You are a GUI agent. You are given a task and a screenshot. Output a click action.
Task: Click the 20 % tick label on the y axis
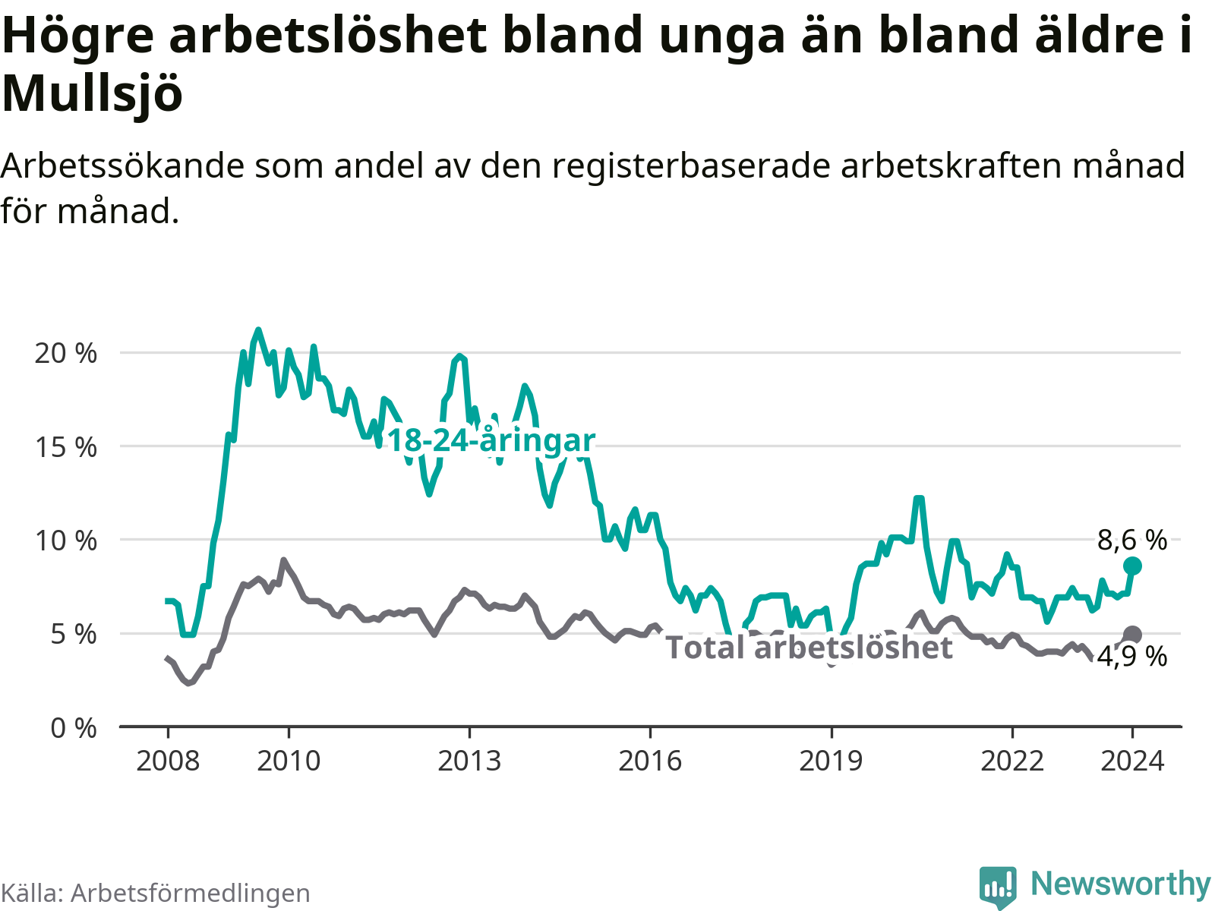coord(66,354)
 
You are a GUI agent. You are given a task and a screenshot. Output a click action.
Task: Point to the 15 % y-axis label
coord(66,447)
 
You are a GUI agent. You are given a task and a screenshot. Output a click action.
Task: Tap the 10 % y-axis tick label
coord(66,541)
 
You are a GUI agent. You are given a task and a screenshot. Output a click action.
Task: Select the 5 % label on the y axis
coord(74,634)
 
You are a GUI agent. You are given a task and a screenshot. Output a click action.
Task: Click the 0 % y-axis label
coord(74,728)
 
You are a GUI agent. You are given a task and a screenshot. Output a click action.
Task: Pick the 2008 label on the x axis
coord(168,761)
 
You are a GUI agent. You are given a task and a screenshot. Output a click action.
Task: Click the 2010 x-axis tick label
coord(289,761)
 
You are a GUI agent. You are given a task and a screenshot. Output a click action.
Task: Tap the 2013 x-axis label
coord(469,761)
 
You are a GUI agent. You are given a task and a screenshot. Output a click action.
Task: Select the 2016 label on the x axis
coord(650,761)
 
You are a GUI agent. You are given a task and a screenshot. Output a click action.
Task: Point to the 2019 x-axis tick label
coord(831,761)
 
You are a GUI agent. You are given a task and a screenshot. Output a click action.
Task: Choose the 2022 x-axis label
coord(1011,761)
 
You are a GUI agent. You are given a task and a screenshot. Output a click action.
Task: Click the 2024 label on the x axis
coord(1132,761)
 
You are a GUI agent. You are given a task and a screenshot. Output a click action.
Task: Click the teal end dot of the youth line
coord(1132,566)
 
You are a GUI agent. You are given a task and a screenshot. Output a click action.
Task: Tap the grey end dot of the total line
coord(1132,635)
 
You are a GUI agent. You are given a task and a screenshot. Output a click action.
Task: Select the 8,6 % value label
coord(1132,540)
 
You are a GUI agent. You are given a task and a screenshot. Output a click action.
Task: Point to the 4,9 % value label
coord(1132,657)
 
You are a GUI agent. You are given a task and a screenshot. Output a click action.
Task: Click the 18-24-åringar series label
coord(491,441)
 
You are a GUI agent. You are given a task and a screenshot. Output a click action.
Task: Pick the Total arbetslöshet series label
coord(809,647)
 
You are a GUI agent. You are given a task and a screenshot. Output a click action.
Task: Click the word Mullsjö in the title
coord(93,93)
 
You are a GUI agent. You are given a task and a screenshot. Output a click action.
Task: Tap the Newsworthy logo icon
coord(998,887)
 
